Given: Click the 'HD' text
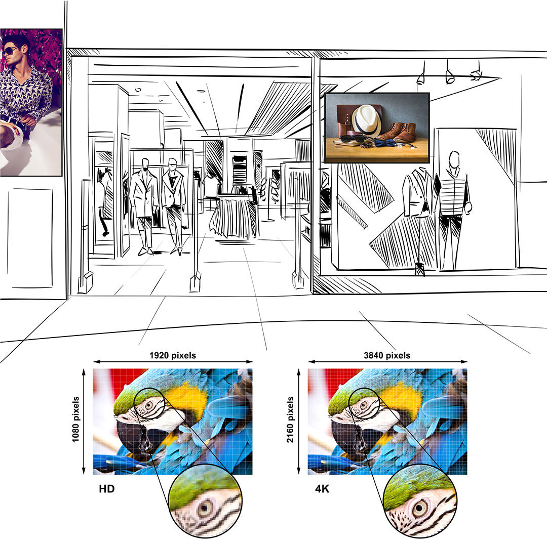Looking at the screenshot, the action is click(107, 489).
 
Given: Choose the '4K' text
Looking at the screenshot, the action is click(322, 489).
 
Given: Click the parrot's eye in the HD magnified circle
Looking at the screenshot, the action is click(204, 509).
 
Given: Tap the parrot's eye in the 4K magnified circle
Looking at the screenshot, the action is click(420, 508).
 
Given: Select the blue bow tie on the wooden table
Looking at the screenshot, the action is click(384, 143).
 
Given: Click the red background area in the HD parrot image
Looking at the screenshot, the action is click(129, 378).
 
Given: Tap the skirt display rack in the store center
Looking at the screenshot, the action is click(233, 216).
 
